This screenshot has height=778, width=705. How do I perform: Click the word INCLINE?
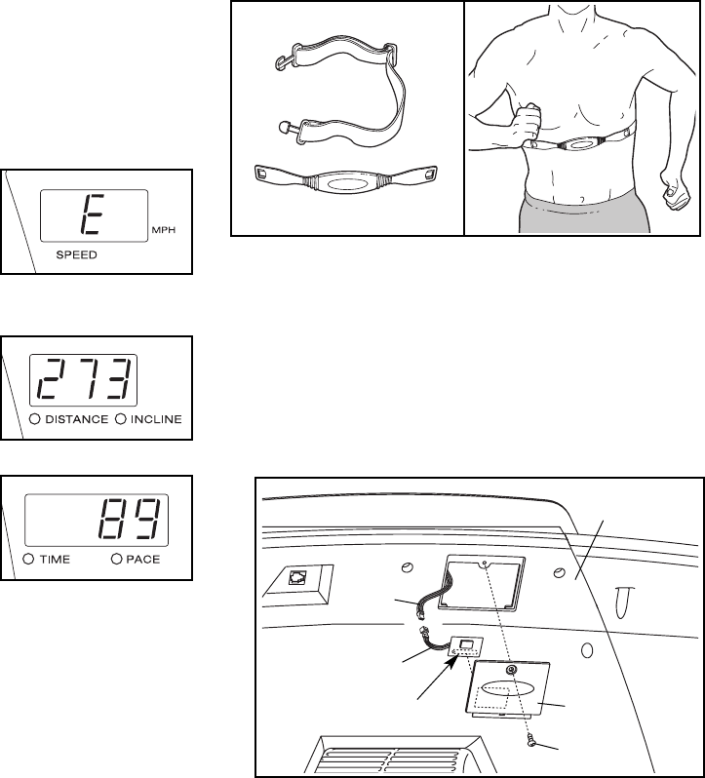point(158,420)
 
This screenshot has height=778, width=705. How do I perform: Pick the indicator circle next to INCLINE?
point(121,420)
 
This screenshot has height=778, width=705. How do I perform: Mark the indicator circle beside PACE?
point(116,561)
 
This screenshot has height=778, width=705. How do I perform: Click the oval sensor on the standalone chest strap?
point(347,182)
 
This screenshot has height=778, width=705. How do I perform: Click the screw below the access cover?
point(529,743)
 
